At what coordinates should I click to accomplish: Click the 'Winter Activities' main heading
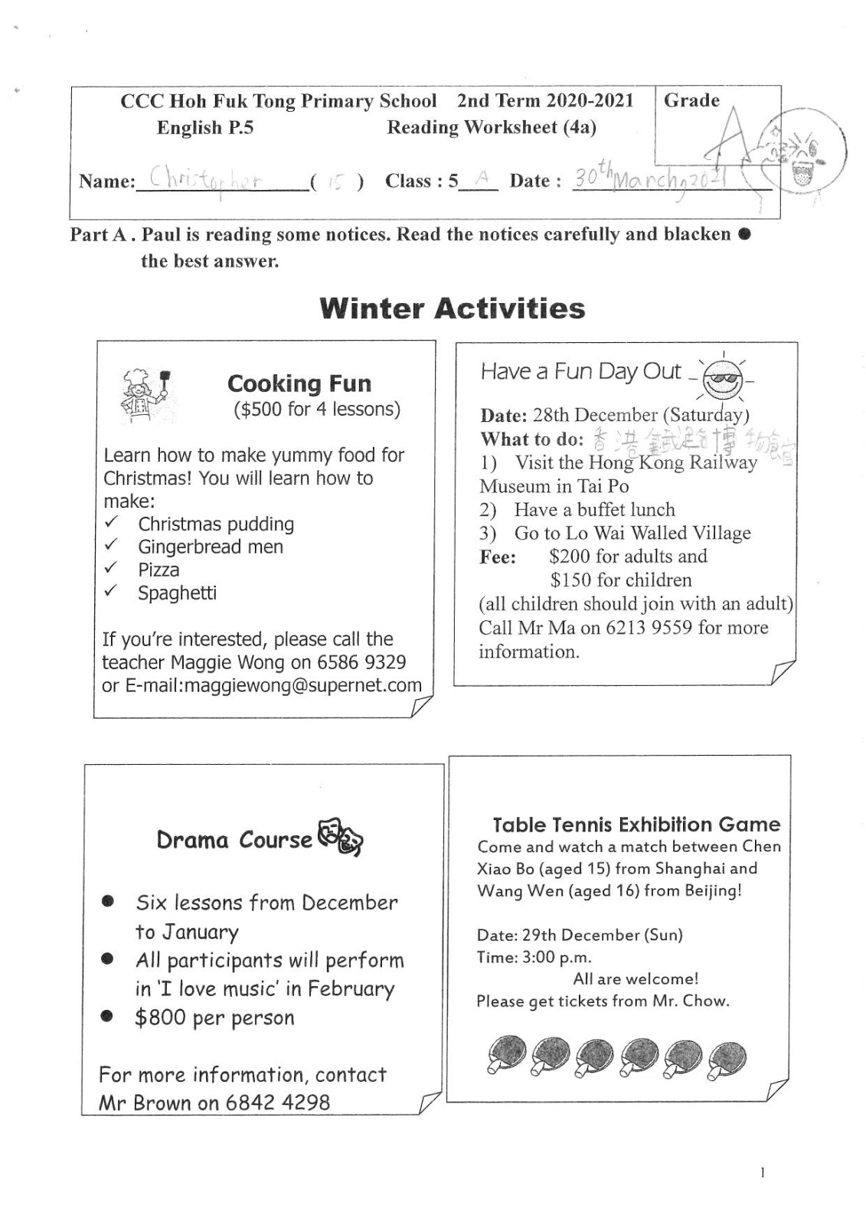453,309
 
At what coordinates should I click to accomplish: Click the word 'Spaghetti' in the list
177,593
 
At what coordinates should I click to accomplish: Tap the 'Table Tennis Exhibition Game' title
636,825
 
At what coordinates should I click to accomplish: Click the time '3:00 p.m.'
551,957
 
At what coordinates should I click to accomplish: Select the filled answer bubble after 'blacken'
745,234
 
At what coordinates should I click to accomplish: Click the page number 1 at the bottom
762,1172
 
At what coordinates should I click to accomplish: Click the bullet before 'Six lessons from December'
108,902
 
